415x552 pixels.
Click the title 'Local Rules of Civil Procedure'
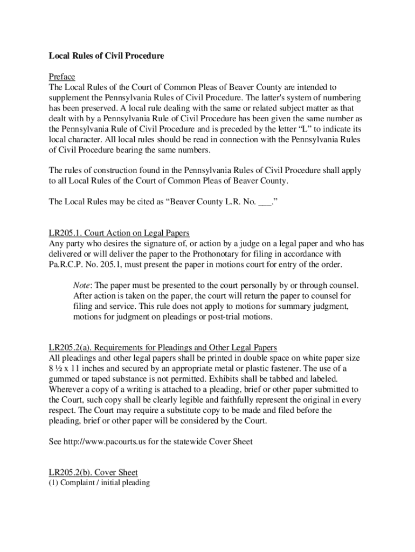[106, 56]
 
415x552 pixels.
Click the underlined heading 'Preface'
[62, 77]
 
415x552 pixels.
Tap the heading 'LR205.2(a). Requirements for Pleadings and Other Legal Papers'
[163, 347]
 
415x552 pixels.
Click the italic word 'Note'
[82, 285]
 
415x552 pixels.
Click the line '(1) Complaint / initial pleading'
[99, 483]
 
